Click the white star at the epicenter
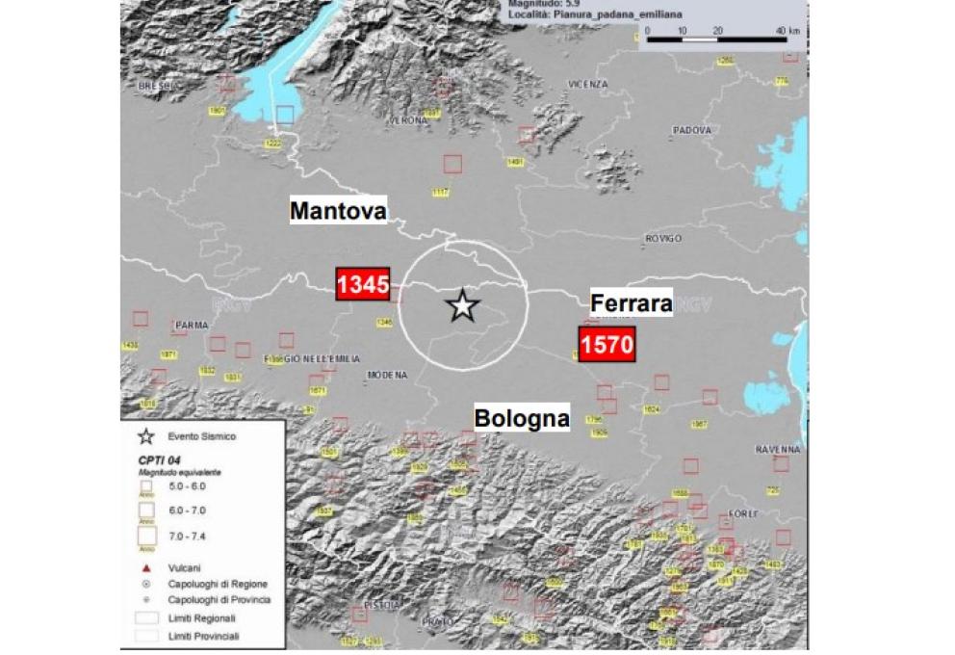pos(463,305)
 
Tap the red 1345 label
pos(362,285)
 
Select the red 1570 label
pos(607,344)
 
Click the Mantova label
pos(338,210)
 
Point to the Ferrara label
pos(631,303)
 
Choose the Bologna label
pos(521,418)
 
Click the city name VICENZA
pos(588,85)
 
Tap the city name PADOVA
pos(691,130)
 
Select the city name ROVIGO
pos(663,238)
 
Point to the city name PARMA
pos(192,326)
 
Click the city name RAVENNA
pos(778,449)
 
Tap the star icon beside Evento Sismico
pos(146,436)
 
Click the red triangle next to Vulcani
pos(146,568)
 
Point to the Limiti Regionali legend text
pos(201,617)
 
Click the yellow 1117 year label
pos(441,193)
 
